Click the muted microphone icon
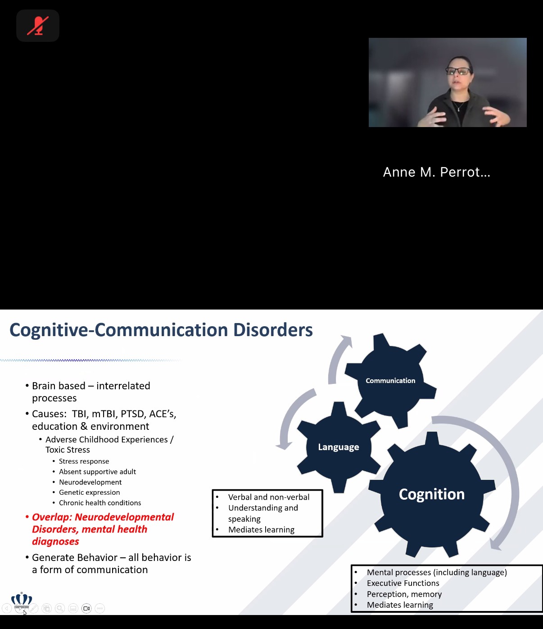point(38,26)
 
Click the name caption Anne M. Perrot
point(437,172)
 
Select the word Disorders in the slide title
point(273,329)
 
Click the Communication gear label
point(390,381)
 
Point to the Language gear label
point(339,447)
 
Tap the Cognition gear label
point(432,494)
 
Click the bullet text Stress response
point(84,461)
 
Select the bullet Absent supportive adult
point(97,472)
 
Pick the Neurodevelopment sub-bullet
point(90,482)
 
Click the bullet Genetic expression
point(90,492)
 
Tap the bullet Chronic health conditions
point(100,503)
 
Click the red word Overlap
point(51,517)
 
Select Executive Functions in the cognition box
point(403,583)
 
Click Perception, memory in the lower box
point(404,594)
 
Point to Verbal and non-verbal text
point(269,497)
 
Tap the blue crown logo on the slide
point(22,598)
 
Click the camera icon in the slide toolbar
point(86,608)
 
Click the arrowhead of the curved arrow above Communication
point(347,341)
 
